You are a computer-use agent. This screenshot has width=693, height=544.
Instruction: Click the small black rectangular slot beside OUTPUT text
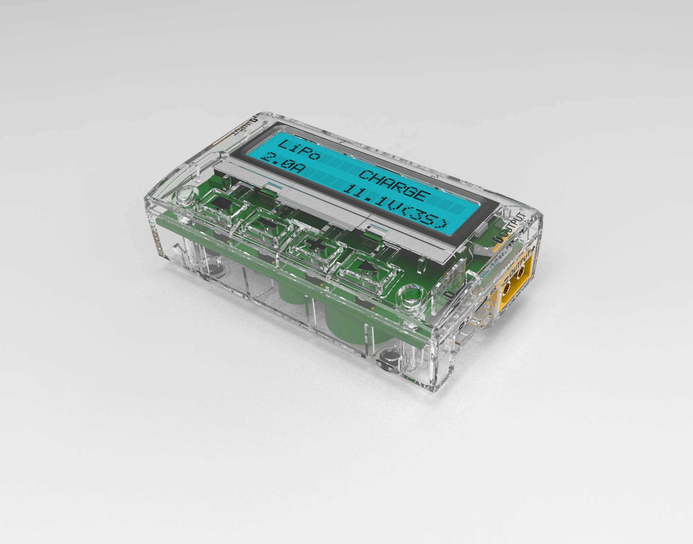tap(500, 239)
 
